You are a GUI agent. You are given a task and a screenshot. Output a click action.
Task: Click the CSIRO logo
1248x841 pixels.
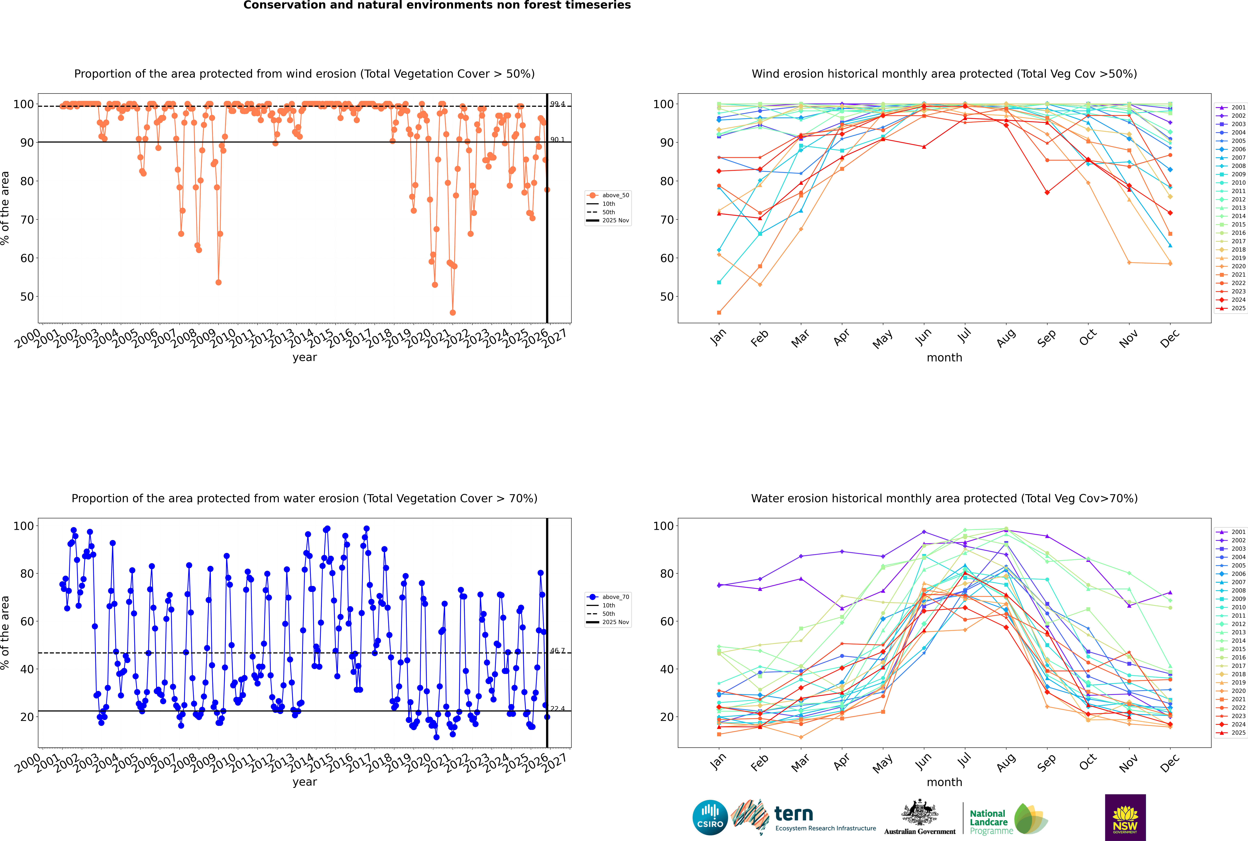[710, 817]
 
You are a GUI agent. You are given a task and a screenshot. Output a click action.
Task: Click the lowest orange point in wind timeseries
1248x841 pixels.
[453, 313]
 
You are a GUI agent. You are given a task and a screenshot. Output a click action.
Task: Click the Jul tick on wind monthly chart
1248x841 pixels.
[964, 337]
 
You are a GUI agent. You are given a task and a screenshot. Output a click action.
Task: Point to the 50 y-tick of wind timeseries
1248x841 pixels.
[27, 297]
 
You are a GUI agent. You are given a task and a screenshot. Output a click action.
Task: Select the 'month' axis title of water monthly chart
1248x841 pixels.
[944, 782]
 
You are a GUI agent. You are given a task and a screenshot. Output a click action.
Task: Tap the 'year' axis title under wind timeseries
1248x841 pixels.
[305, 357]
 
